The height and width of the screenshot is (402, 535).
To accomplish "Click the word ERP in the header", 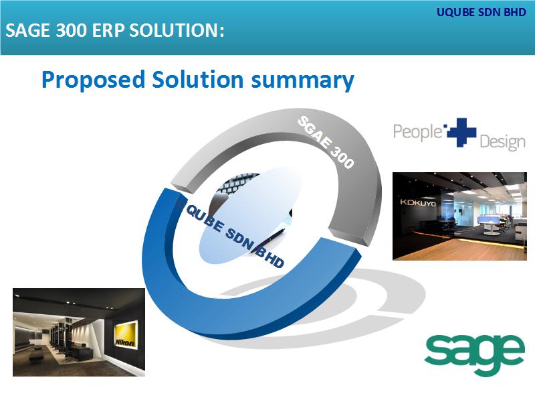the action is coord(108,30).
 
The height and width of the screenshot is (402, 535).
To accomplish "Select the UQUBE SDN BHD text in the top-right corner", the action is coord(481,12).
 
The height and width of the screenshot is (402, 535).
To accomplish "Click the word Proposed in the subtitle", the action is coord(93,80).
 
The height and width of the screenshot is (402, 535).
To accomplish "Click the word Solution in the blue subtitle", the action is coord(197,79).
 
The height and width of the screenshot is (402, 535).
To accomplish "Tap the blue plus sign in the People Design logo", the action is coord(461,132).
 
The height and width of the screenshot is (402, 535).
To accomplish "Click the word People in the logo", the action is coord(417,132).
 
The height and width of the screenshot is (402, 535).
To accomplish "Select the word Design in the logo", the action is coord(502,142).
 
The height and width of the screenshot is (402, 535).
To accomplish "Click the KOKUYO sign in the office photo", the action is coord(417,203).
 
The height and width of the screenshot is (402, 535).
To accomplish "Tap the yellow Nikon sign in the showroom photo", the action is coord(126,336).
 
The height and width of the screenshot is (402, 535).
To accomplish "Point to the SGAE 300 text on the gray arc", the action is coord(326,142).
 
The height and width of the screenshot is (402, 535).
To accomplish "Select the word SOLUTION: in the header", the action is coord(177,30).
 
